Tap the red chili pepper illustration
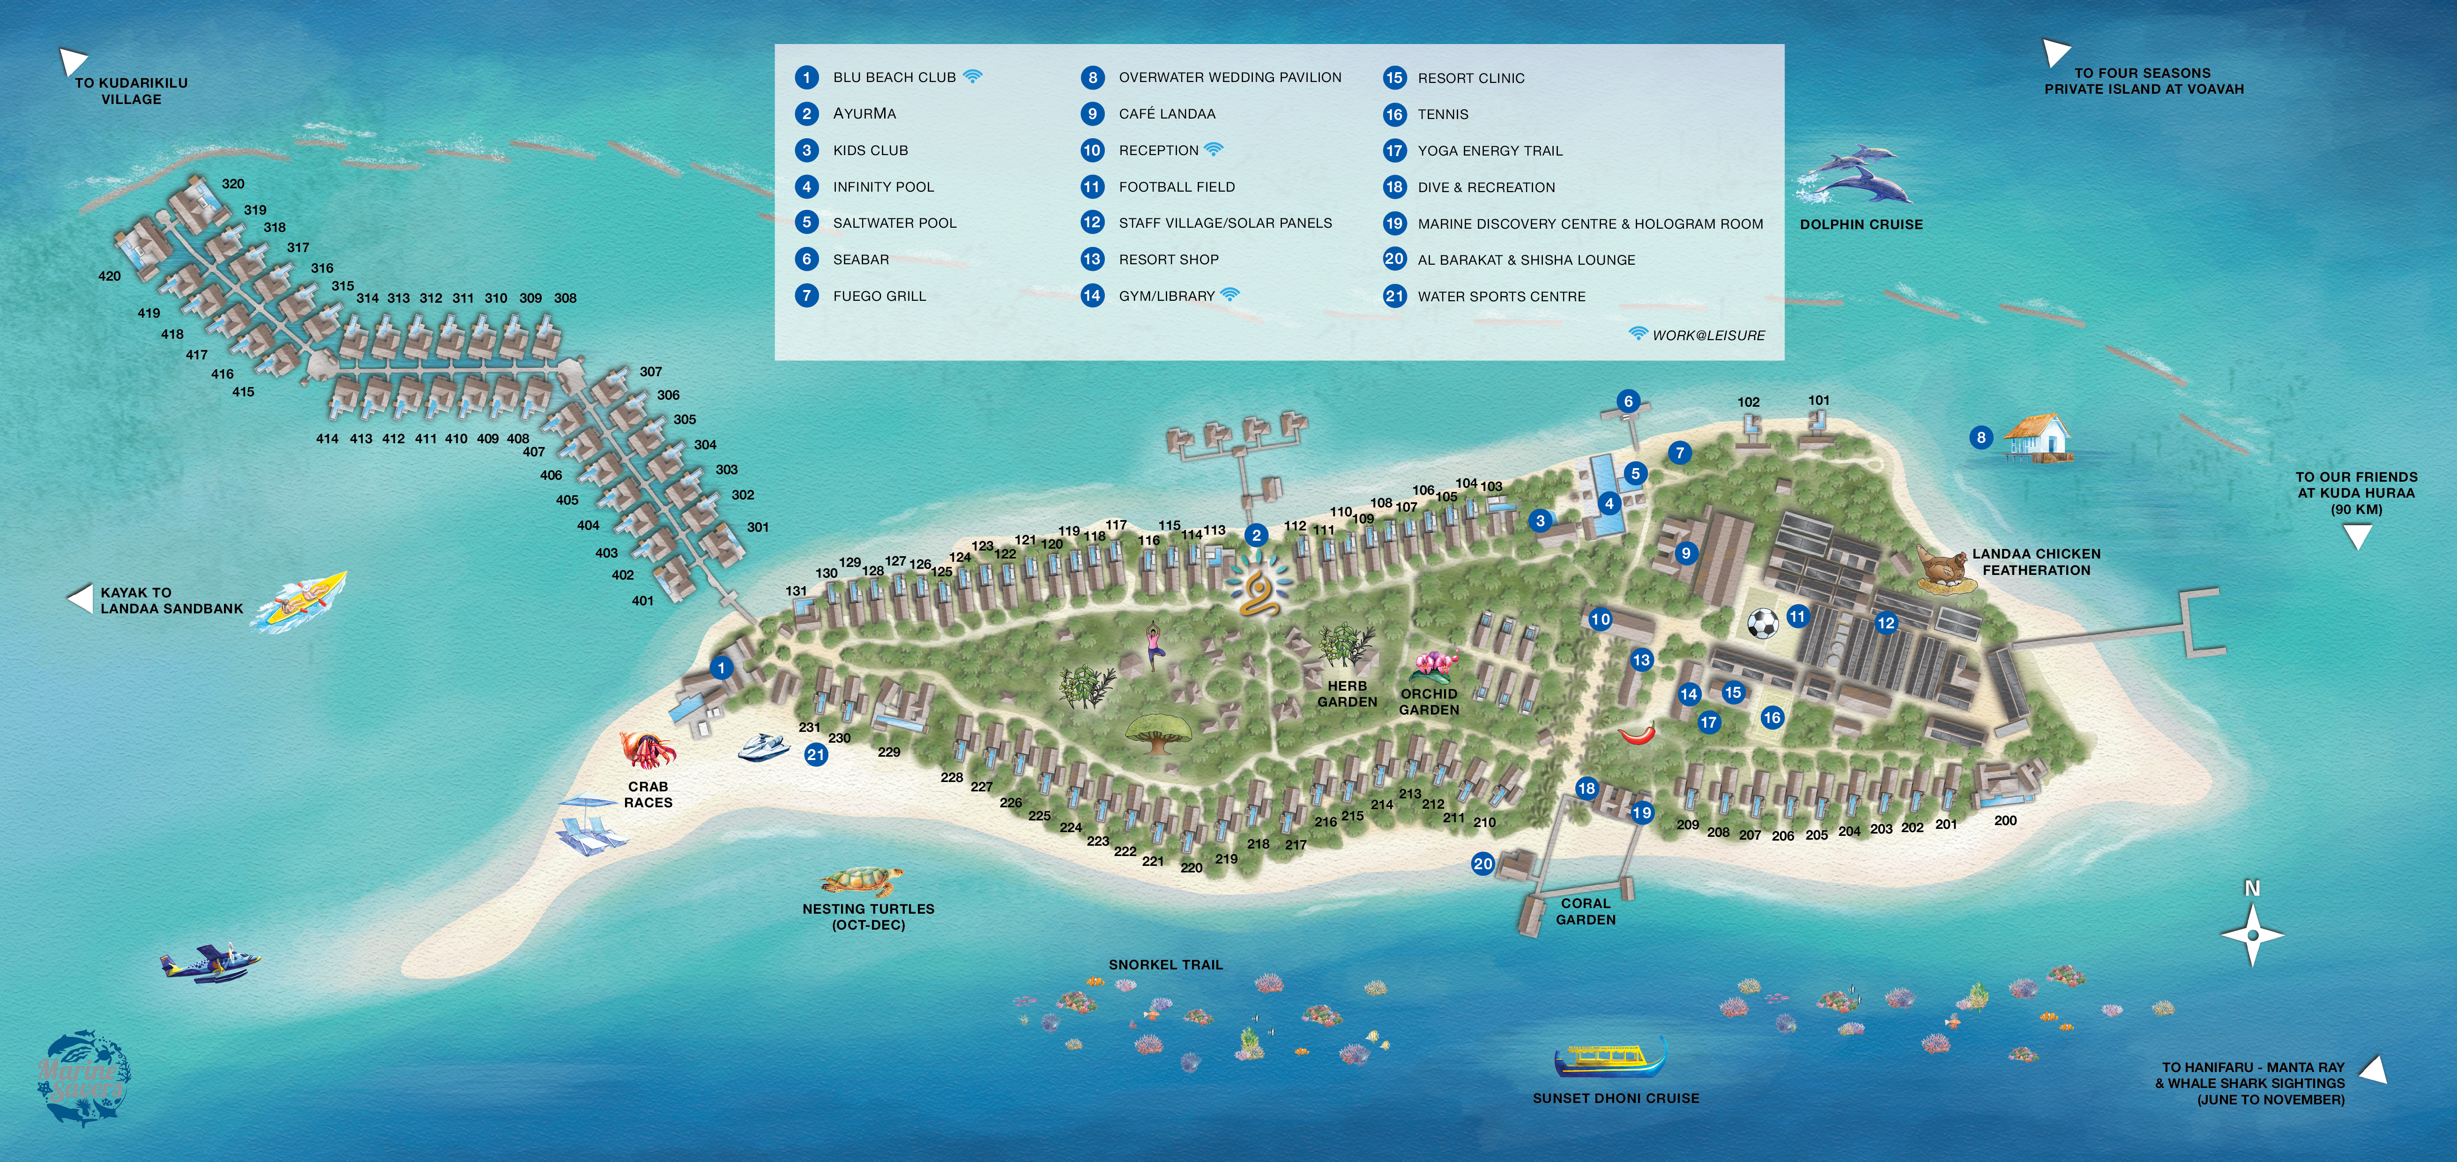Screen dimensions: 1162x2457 coord(1637,733)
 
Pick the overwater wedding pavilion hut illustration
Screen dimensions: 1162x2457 coord(2036,439)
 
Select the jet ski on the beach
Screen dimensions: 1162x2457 coord(763,746)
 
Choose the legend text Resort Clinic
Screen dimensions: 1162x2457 coord(1471,78)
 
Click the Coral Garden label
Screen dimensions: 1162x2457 coord(1585,911)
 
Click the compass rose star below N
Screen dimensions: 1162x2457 coord(2252,935)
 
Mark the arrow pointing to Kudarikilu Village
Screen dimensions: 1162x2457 coord(73,61)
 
